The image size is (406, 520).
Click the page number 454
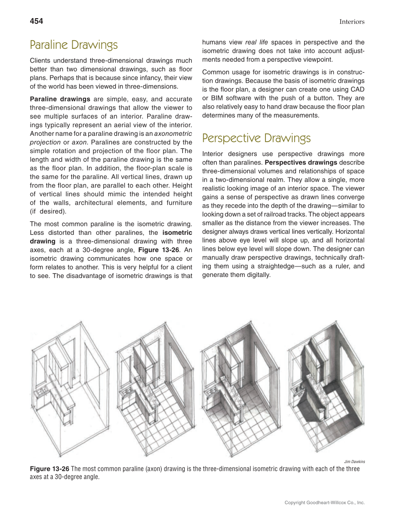36,21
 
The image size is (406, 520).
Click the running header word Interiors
351,22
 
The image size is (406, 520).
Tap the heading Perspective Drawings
256,138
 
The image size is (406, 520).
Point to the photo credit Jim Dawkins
354,461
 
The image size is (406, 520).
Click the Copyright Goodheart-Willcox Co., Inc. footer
324,503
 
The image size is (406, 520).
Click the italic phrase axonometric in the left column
173,133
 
